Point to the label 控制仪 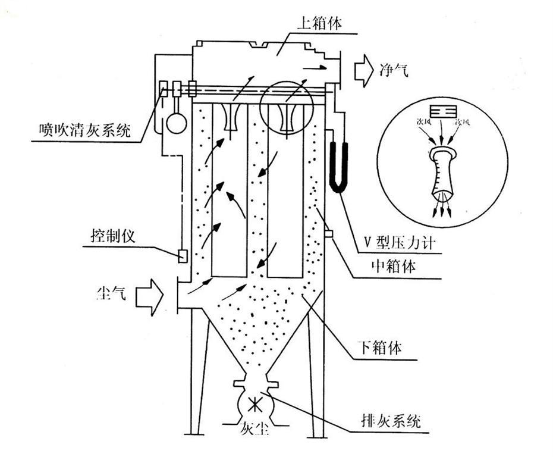(x=112, y=235)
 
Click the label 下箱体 (x=382, y=348)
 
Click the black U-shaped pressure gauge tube (x=337, y=165)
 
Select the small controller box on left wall (x=183, y=255)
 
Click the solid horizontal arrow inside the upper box (x=317, y=67)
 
